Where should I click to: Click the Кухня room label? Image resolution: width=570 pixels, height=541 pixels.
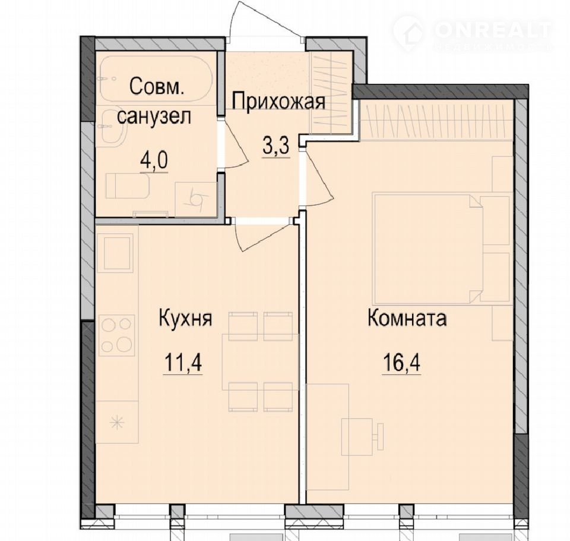pos(185,319)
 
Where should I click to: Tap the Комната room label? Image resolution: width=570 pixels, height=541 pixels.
pos(407,318)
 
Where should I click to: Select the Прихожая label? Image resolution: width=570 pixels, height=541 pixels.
pos(278,101)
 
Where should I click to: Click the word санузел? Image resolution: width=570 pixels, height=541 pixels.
pos(154,117)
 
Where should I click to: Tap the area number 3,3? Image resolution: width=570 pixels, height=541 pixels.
pos(276,147)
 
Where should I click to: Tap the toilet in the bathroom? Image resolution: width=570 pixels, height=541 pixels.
pos(127,186)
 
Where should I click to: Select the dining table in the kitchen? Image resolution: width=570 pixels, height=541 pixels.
pos(260,362)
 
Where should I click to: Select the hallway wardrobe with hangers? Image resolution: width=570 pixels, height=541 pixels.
pos(331,93)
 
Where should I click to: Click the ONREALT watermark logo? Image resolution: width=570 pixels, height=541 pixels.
pos(473,33)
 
